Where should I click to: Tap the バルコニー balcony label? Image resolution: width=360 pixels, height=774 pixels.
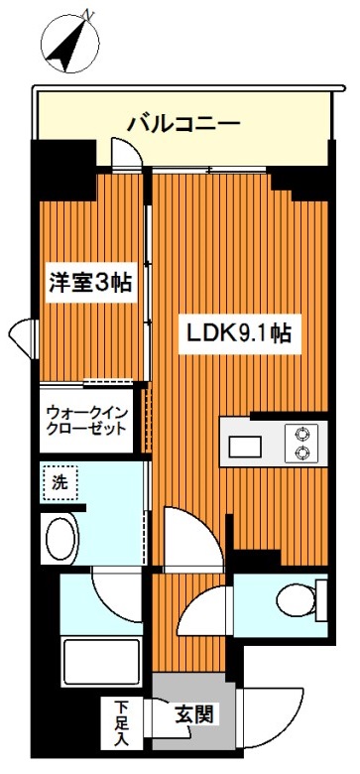[x=183, y=125]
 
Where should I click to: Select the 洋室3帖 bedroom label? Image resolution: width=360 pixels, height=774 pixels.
[x=92, y=282]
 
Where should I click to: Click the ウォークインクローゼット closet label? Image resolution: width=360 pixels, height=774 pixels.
[x=85, y=421]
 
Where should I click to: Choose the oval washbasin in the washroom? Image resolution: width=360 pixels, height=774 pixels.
[x=62, y=542]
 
